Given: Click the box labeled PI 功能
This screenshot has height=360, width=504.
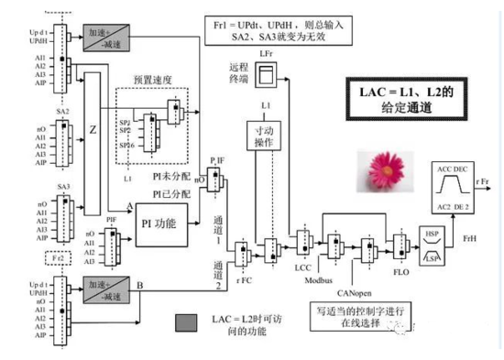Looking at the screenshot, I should (161, 220).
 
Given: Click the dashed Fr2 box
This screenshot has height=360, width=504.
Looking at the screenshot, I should (60, 259).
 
